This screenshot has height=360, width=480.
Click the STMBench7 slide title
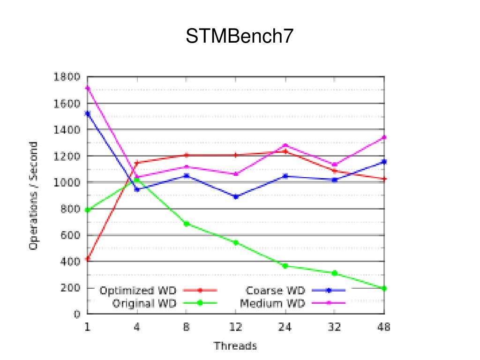(x=240, y=37)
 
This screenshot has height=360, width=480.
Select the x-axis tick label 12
(x=235, y=327)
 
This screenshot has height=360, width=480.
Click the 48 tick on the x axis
(x=384, y=327)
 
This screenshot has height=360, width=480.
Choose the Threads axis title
(x=235, y=346)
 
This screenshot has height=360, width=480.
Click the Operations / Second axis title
(x=33, y=196)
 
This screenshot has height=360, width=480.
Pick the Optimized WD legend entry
(x=138, y=291)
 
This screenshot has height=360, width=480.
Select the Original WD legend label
(x=144, y=303)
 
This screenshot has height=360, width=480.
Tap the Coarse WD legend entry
(x=276, y=291)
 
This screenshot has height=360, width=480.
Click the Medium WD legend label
(x=272, y=303)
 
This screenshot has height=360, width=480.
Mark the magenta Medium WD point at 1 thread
(x=87, y=88)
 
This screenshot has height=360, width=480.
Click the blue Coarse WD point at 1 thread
(x=87, y=113)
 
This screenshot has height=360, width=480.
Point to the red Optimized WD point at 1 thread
(x=87, y=259)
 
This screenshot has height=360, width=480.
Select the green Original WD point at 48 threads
(x=384, y=288)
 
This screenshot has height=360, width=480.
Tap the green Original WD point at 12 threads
(x=235, y=242)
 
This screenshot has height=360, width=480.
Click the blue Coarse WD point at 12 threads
(x=235, y=196)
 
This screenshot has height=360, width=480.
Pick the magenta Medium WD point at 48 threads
(x=384, y=137)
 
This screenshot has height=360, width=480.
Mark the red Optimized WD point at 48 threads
(x=384, y=179)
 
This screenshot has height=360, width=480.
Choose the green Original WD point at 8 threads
(x=186, y=224)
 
